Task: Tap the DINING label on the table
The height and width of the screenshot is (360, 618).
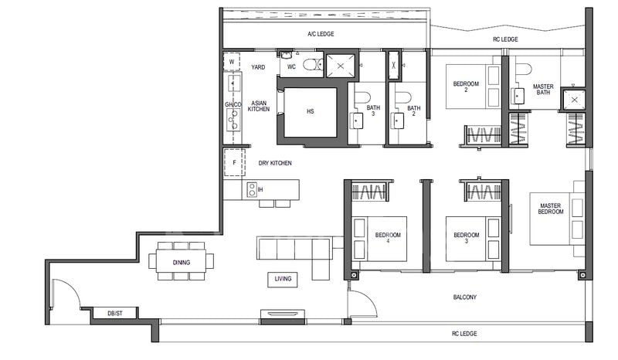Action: coord(182,262)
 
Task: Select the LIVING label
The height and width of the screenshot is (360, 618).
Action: coord(283,279)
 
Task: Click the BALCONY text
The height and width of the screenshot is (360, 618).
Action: coord(464,297)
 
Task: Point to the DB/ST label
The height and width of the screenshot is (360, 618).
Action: coord(102,313)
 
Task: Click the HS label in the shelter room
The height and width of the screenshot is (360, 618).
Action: coord(310,111)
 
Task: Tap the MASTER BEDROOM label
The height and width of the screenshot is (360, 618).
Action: coord(551,208)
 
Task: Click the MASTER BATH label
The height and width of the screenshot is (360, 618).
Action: coord(542,89)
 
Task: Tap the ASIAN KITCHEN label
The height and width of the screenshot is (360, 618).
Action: coord(258,106)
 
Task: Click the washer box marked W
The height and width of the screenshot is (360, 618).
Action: coord(232,62)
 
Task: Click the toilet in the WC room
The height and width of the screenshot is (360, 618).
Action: coord(310,65)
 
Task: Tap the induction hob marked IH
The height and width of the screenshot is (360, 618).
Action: coord(252,188)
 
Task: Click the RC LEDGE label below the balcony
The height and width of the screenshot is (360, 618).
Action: coord(464,334)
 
